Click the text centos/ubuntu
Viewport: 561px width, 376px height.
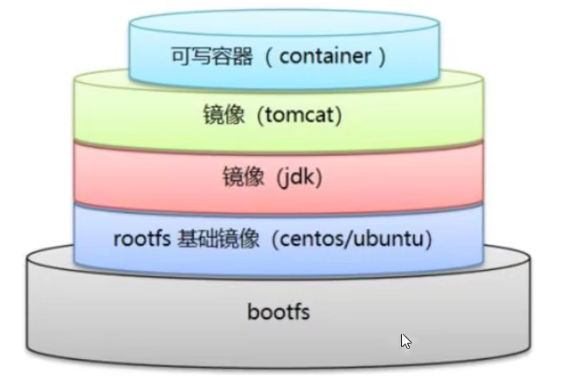[362, 238]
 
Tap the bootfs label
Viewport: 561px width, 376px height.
[278, 311]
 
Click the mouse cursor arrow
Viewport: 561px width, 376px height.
[406, 341]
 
